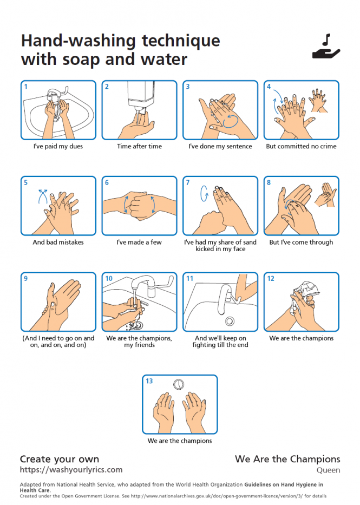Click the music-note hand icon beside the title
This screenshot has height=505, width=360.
click(326, 47)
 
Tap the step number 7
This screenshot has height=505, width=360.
click(188, 182)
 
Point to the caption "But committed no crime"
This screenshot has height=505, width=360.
click(301, 146)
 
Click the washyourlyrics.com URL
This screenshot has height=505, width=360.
click(71, 470)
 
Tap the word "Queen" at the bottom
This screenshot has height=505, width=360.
click(328, 470)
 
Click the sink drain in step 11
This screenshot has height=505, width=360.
click(230, 321)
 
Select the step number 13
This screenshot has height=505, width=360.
click(149, 381)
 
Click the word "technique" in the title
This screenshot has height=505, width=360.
click(181, 41)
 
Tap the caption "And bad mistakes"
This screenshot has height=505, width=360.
click(58, 242)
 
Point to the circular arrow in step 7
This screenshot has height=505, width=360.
click(204, 193)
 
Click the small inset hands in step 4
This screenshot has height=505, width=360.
click(318, 101)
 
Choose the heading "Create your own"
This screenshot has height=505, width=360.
click(60, 459)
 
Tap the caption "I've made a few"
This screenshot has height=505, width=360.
click(139, 242)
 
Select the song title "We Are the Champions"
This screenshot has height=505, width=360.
click(287, 459)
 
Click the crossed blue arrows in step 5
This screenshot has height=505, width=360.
click(43, 196)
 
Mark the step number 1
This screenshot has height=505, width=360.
click(26, 86)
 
